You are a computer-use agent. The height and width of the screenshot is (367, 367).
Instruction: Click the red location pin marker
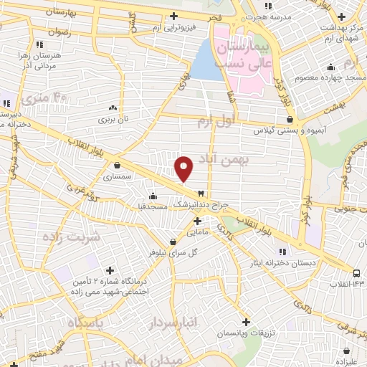(184, 169)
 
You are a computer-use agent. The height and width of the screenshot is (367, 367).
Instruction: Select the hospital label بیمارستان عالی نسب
(257, 55)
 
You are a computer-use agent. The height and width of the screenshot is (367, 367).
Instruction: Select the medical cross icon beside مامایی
(197, 220)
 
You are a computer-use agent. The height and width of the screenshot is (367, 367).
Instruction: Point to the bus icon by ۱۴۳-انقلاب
(357, 272)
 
